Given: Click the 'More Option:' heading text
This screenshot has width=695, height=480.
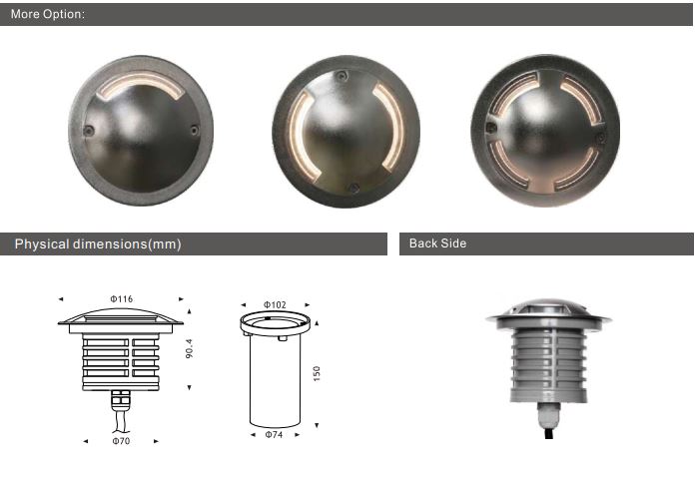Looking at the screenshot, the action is coord(47,14).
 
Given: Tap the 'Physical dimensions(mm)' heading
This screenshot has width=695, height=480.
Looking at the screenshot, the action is coord(98,243).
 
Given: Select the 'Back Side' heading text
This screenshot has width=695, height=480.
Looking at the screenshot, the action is coord(437,243).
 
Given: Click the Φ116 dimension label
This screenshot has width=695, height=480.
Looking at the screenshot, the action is coord(122,299).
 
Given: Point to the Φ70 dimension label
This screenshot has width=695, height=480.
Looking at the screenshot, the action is coord(121,441).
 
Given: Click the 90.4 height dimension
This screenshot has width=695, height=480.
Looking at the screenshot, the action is coord(190,348).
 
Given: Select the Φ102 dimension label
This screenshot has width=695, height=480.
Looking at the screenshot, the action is coord(275,304).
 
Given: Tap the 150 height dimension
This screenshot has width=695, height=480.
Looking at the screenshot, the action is coord(317,373).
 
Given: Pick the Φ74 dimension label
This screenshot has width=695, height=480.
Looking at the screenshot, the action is coord(274,434).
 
